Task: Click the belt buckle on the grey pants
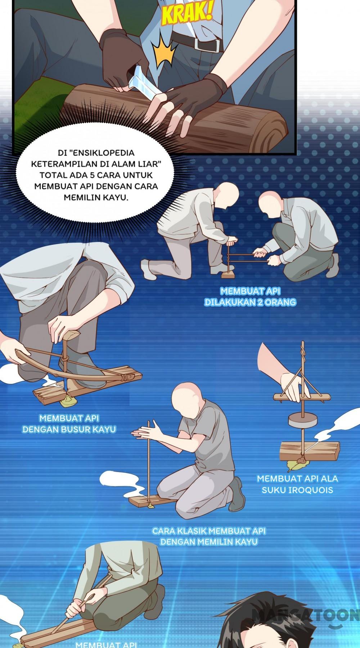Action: tap(208, 43)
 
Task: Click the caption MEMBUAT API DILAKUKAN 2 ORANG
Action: tap(250, 296)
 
